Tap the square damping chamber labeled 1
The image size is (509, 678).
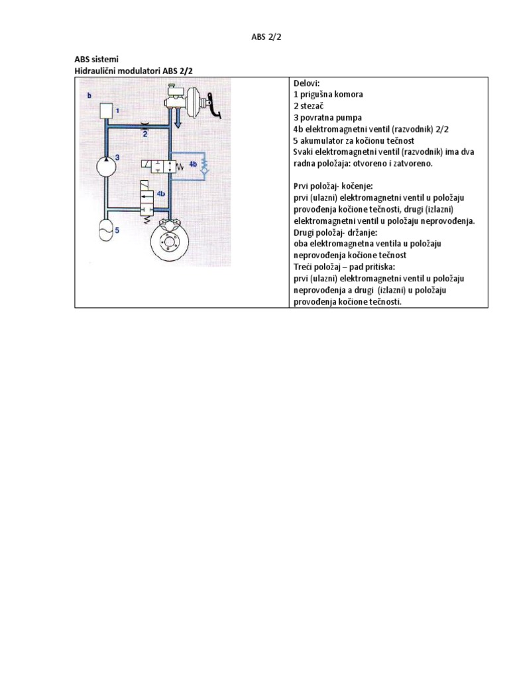(x=107, y=111)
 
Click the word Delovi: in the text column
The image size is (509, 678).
(x=307, y=83)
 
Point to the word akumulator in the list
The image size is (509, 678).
(x=323, y=140)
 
